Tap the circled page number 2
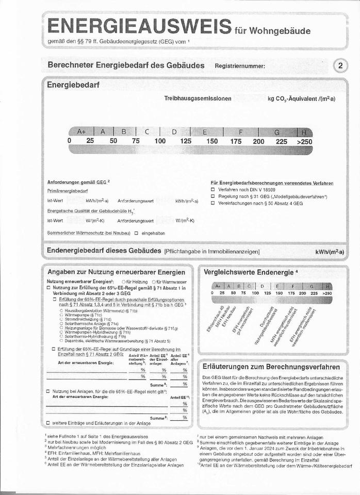coord(341,65)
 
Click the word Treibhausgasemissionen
coord(198,98)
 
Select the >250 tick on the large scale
coord(304,141)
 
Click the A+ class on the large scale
coord(81,131)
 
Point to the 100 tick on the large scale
coord(160,141)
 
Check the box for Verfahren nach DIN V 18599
coord(212,190)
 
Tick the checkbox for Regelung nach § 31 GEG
coord(212,196)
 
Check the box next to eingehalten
coord(136,233)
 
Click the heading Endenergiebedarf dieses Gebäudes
coord(104,251)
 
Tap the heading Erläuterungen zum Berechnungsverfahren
coord(271,367)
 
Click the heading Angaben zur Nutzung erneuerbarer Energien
coord(116,272)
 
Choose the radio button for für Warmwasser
coord(154,282)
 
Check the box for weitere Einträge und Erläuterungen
coord(48,423)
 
